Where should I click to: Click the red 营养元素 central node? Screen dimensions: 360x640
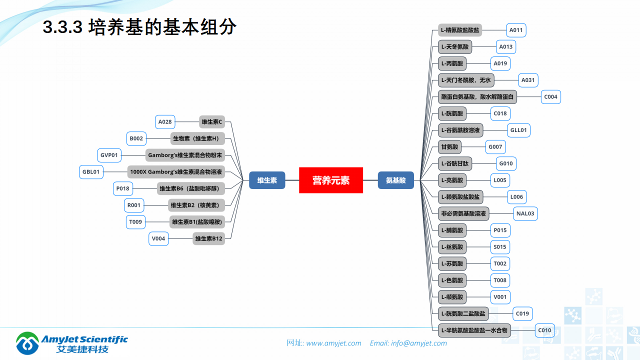[330, 180]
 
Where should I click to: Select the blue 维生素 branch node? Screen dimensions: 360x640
[267, 180]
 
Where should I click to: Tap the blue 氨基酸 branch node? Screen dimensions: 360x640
[395, 180]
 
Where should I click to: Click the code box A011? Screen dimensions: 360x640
[516, 30]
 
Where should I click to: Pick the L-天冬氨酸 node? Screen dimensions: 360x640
[455, 47]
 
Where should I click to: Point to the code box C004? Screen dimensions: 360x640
[550, 97]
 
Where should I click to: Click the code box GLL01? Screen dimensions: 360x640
[518, 130]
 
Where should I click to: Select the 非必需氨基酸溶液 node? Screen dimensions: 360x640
[463, 213]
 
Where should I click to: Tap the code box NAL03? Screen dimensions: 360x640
[525, 213]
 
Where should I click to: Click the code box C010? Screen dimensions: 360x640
[544, 330]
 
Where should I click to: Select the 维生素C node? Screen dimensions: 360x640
[212, 121]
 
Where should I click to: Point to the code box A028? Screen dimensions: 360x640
[165, 121]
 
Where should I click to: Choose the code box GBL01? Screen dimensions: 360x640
[91, 172]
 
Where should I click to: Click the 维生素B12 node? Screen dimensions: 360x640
[209, 238]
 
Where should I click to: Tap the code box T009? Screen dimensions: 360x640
[135, 222]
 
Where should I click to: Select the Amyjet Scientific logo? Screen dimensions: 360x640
[72, 342]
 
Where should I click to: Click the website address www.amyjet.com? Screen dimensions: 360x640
[333, 343]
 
